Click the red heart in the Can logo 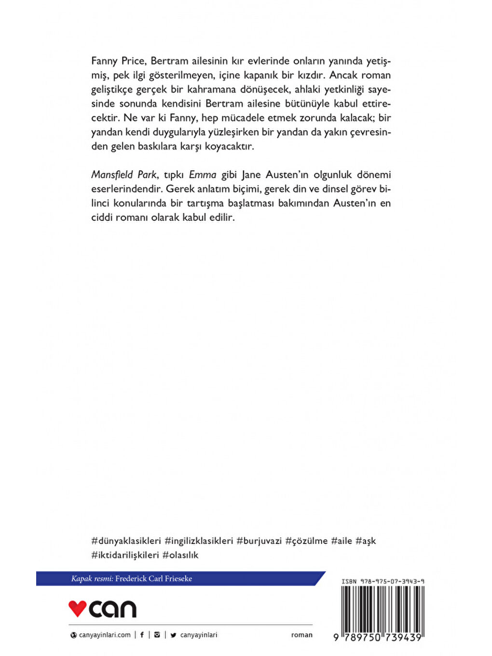point(77,608)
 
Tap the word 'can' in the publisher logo point(113,609)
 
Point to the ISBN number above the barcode point(383,581)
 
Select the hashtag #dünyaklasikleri point(126,541)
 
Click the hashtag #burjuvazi point(259,541)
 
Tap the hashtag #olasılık point(180,555)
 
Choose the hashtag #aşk point(366,541)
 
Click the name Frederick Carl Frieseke point(153,578)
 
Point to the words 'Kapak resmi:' point(92,578)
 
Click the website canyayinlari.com point(105,635)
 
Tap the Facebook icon point(142,635)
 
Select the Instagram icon point(157,635)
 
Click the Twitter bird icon point(173,635)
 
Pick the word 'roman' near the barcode point(301,635)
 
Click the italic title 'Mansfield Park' point(124,175)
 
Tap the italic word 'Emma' point(203,175)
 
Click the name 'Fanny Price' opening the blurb point(118,61)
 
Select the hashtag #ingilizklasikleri point(199,541)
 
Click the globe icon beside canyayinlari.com point(74,635)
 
